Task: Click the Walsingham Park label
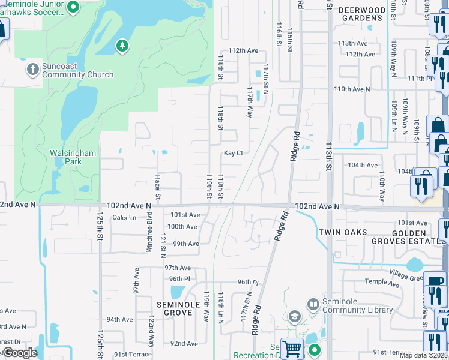click(x=73, y=157)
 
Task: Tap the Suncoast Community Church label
click(x=77, y=70)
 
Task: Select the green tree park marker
click(x=122, y=46)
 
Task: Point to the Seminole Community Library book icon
click(x=313, y=305)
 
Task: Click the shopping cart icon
click(x=292, y=348)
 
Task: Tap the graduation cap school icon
click(x=295, y=316)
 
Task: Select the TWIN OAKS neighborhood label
click(x=342, y=232)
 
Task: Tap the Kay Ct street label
click(x=233, y=153)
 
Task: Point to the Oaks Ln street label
click(x=124, y=218)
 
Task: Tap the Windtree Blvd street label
click(x=149, y=235)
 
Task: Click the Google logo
click(x=20, y=353)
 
